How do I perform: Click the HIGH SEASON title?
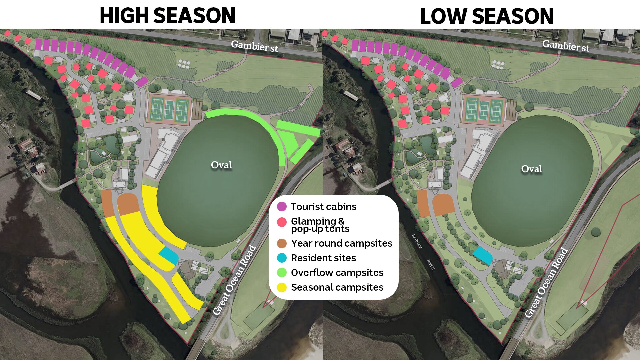pyautogui.click(x=168, y=16)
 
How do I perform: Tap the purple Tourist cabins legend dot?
pyautogui.click(x=282, y=207)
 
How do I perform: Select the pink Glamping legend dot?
pyautogui.click(x=282, y=222)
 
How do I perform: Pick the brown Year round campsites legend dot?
pyautogui.click(x=282, y=243)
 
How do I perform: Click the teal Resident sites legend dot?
pyautogui.click(x=282, y=258)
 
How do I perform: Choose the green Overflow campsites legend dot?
pyautogui.click(x=282, y=273)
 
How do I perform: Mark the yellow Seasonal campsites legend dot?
pyautogui.click(x=282, y=287)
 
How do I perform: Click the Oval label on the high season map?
pyautogui.click(x=221, y=165)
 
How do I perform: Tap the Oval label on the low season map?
pyautogui.click(x=532, y=169)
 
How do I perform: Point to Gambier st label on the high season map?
pyautogui.click(x=254, y=46)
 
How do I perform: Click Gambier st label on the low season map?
pyautogui.click(x=566, y=46)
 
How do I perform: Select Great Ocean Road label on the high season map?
pyautogui.click(x=234, y=280)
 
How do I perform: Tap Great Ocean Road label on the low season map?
pyautogui.click(x=546, y=282)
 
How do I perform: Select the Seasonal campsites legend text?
pyautogui.click(x=337, y=287)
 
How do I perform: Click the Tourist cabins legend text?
pyautogui.click(x=323, y=207)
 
